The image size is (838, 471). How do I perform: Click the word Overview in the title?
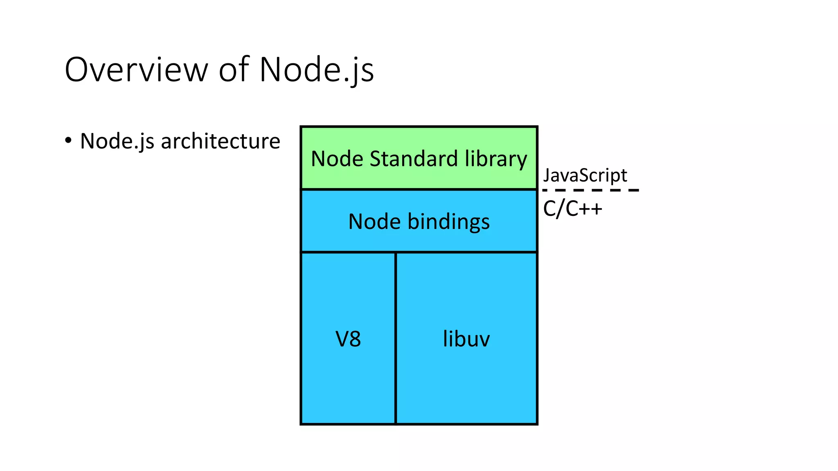pos(136,70)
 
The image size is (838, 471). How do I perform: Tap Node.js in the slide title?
pos(316,70)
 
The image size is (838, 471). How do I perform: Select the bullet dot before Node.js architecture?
pos(68,140)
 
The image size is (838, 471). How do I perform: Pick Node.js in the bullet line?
pos(117,141)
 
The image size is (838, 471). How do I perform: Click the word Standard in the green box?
pos(413,159)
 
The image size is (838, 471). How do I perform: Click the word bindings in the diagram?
pos(448,222)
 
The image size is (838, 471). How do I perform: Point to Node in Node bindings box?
pos(374,222)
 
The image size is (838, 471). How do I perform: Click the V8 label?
pos(348,339)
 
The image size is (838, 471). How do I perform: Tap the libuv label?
pos(466,339)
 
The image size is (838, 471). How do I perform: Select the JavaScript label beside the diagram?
pos(585,175)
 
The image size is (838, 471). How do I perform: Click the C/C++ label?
pos(572,209)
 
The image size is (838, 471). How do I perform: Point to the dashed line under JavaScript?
pos(590,190)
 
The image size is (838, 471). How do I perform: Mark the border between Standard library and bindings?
pos(419,189)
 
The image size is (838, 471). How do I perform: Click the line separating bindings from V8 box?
pos(348,252)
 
